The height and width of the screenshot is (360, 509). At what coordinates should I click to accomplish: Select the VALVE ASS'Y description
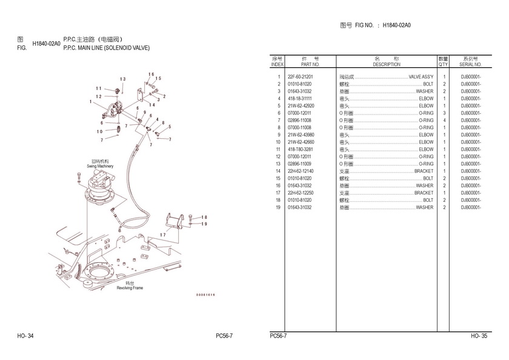[421, 77]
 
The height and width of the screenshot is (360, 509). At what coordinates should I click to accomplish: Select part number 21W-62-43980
[300, 135]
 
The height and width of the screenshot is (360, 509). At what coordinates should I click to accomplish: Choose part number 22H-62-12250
[300, 193]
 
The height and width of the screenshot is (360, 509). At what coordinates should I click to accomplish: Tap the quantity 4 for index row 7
[444, 120]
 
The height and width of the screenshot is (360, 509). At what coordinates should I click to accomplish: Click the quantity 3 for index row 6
[444, 113]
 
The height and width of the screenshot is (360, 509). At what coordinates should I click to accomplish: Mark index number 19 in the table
[279, 207]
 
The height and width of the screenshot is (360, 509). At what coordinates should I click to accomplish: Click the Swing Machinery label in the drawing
[100, 164]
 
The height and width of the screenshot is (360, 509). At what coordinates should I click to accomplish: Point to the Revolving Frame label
[130, 286]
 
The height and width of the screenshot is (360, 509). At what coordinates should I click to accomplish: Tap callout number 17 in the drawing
[163, 235]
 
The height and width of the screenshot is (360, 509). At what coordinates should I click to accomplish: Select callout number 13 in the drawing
[122, 79]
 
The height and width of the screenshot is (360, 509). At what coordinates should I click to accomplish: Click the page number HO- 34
[26, 336]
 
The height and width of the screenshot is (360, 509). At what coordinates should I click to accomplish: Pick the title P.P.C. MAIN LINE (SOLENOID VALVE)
[106, 48]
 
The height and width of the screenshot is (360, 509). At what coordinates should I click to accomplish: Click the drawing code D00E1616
[205, 295]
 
